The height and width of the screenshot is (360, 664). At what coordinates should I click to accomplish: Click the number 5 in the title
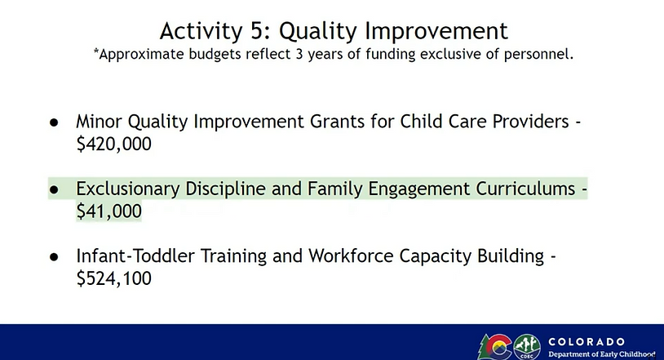pyautogui.click(x=257, y=31)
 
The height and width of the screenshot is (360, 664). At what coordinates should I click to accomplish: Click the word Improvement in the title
pyautogui.click(x=436, y=32)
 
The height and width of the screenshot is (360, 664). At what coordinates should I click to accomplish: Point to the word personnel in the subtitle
pyautogui.click(x=538, y=55)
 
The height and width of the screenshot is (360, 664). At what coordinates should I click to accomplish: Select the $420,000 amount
pyautogui.click(x=114, y=144)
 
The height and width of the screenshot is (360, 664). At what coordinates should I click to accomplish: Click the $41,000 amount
pyautogui.click(x=108, y=211)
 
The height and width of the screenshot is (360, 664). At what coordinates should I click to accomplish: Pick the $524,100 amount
pyautogui.click(x=114, y=278)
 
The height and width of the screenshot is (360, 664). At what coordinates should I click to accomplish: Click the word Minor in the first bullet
pyautogui.click(x=100, y=122)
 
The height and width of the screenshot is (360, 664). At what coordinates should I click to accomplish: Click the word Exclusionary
pyautogui.click(x=128, y=189)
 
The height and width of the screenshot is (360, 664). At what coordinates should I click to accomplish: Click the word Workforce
pyautogui.click(x=351, y=256)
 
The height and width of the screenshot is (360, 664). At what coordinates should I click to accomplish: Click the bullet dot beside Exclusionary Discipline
pyautogui.click(x=54, y=190)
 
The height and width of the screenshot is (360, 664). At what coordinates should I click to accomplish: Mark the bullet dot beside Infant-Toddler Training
pyautogui.click(x=54, y=257)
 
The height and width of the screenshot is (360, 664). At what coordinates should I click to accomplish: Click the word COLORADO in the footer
pyautogui.click(x=587, y=342)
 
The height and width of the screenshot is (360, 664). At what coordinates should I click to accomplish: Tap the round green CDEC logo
pyautogui.click(x=527, y=347)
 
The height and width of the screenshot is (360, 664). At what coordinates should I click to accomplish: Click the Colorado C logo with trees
pyautogui.click(x=495, y=347)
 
